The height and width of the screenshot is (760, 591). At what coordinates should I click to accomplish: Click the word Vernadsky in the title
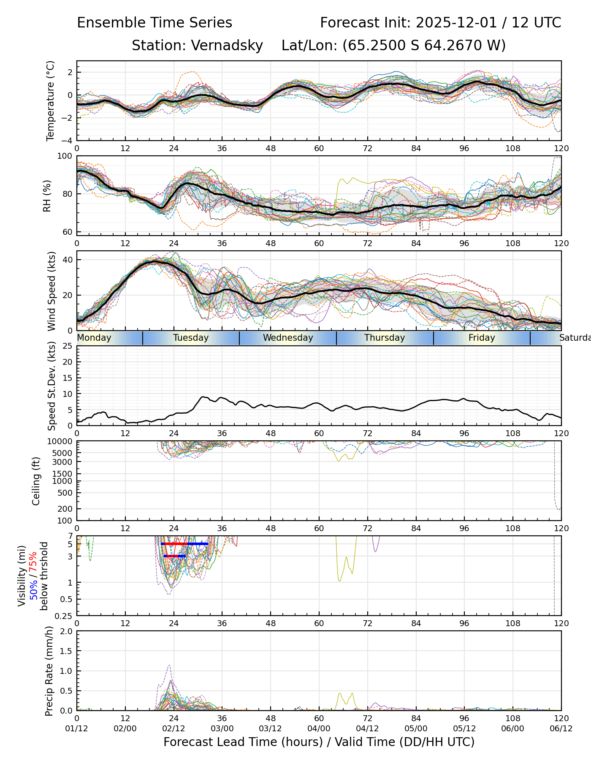[227, 46]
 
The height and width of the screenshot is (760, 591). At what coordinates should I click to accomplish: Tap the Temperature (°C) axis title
[51, 100]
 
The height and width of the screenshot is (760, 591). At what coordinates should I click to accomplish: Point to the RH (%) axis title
[47, 195]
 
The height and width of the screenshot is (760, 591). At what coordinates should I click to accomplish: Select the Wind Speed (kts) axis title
[52, 291]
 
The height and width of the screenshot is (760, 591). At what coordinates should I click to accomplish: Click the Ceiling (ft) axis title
[36, 481]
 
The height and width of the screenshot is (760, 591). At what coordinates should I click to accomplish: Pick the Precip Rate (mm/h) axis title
[49, 671]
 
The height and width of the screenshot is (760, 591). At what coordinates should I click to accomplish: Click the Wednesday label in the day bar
[288, 338]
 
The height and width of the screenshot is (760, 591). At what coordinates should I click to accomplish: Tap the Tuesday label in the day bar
[191, 338]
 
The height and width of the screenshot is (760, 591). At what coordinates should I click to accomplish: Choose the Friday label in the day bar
[482, 338]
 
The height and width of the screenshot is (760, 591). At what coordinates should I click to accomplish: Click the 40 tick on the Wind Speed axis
[67, 260]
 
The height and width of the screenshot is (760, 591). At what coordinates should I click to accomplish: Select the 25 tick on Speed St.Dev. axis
[67, 346]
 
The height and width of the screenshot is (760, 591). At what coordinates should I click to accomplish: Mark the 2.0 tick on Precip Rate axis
[67, 631]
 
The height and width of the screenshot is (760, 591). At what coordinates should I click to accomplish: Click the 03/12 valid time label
[271, 728]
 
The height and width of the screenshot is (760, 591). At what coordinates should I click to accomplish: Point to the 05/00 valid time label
[416, 728]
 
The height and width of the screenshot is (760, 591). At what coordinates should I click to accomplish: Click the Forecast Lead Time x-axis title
[319, 742]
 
